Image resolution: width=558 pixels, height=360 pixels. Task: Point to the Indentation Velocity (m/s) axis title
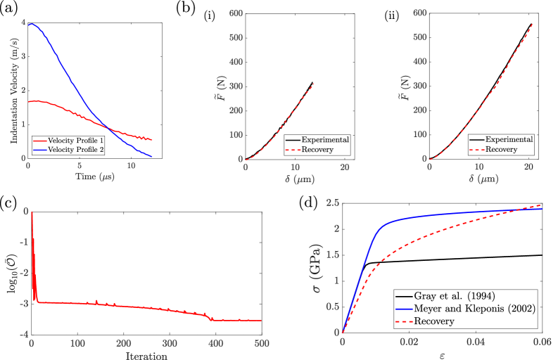pos(14,91)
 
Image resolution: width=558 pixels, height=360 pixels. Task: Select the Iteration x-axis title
pos(146,356)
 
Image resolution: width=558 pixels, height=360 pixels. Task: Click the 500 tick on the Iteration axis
pos(261,342)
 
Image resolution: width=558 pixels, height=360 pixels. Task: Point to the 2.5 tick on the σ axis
pos(331,204)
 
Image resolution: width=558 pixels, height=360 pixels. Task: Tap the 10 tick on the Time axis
pos(131,167)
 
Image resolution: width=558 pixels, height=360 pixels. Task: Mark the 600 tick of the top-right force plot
pos(418,13)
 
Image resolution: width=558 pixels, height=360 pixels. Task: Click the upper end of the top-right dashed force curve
pos(533,23)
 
